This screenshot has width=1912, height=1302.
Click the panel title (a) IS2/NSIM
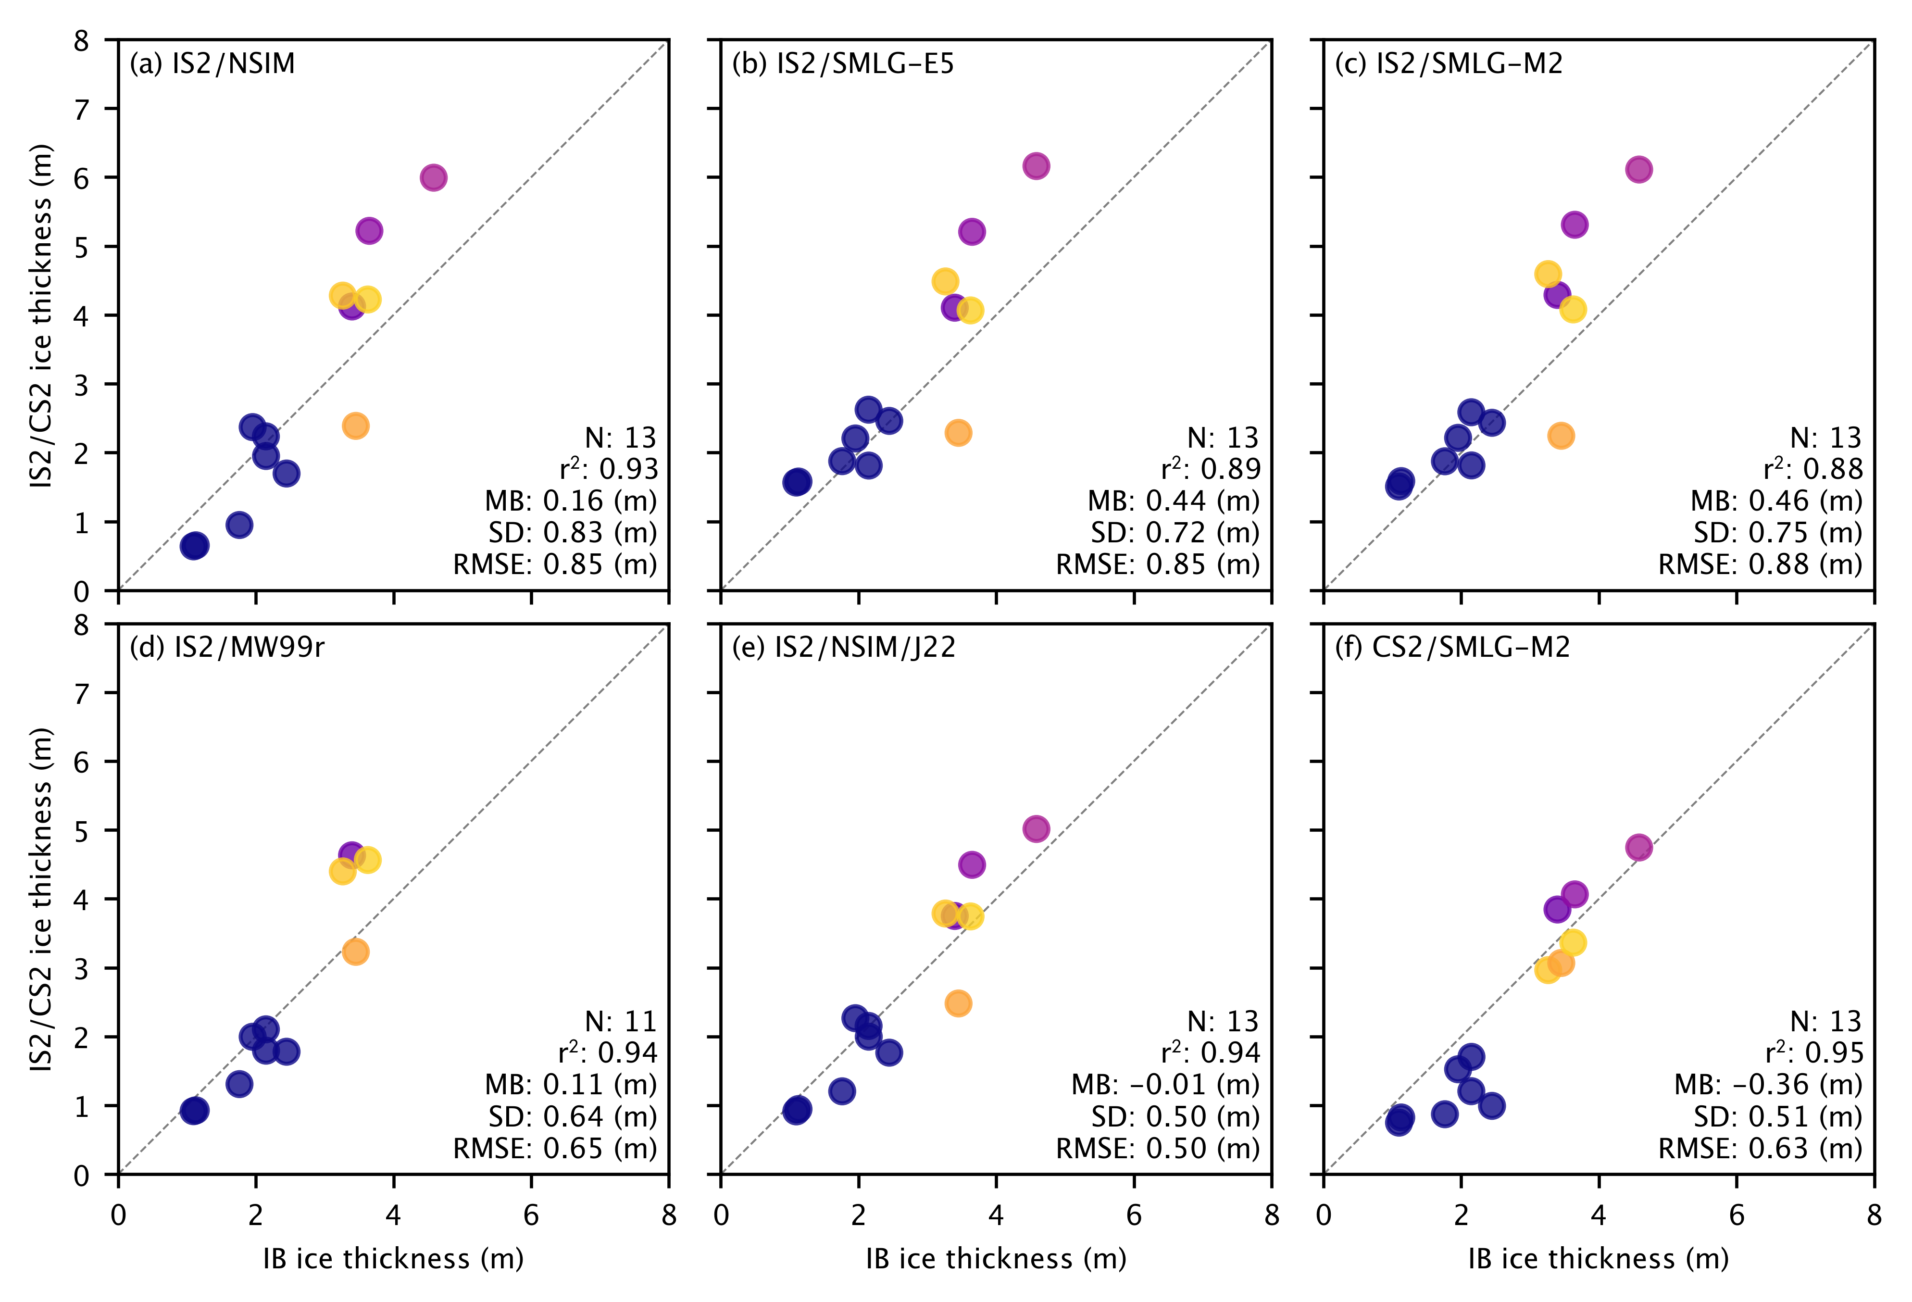point(212,64)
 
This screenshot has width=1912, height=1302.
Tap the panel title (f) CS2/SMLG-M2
point(1452,648)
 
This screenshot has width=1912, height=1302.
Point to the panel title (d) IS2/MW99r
point(227,648)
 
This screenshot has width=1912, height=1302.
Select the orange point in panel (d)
point(355,952)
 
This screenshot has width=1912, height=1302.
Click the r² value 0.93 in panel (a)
point(609,469)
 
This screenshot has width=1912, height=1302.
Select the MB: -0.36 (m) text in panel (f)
point(1768,1085)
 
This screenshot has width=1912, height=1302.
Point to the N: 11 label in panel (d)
point(621,1021)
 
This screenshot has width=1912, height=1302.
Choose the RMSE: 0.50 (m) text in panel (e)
point(1158,1148)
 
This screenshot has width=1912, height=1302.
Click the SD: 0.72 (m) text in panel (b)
point(1175,533)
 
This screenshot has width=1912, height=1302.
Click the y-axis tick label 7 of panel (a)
point(81,109)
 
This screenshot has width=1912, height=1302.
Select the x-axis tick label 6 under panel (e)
point(1134,1215)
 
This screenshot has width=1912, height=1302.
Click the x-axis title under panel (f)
point(1599,1258)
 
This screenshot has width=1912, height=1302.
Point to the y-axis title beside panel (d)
point(41,899)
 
